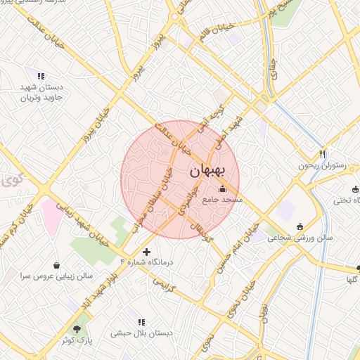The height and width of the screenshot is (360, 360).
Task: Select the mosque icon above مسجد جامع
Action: point(223,188)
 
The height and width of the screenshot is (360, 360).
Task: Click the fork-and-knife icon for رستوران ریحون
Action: point(323,154)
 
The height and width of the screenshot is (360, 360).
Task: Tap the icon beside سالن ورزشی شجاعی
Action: point(301,226)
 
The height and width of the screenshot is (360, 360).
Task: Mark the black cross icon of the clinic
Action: point(146,251)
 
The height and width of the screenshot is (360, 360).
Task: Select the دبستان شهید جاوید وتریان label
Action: point(41,92)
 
